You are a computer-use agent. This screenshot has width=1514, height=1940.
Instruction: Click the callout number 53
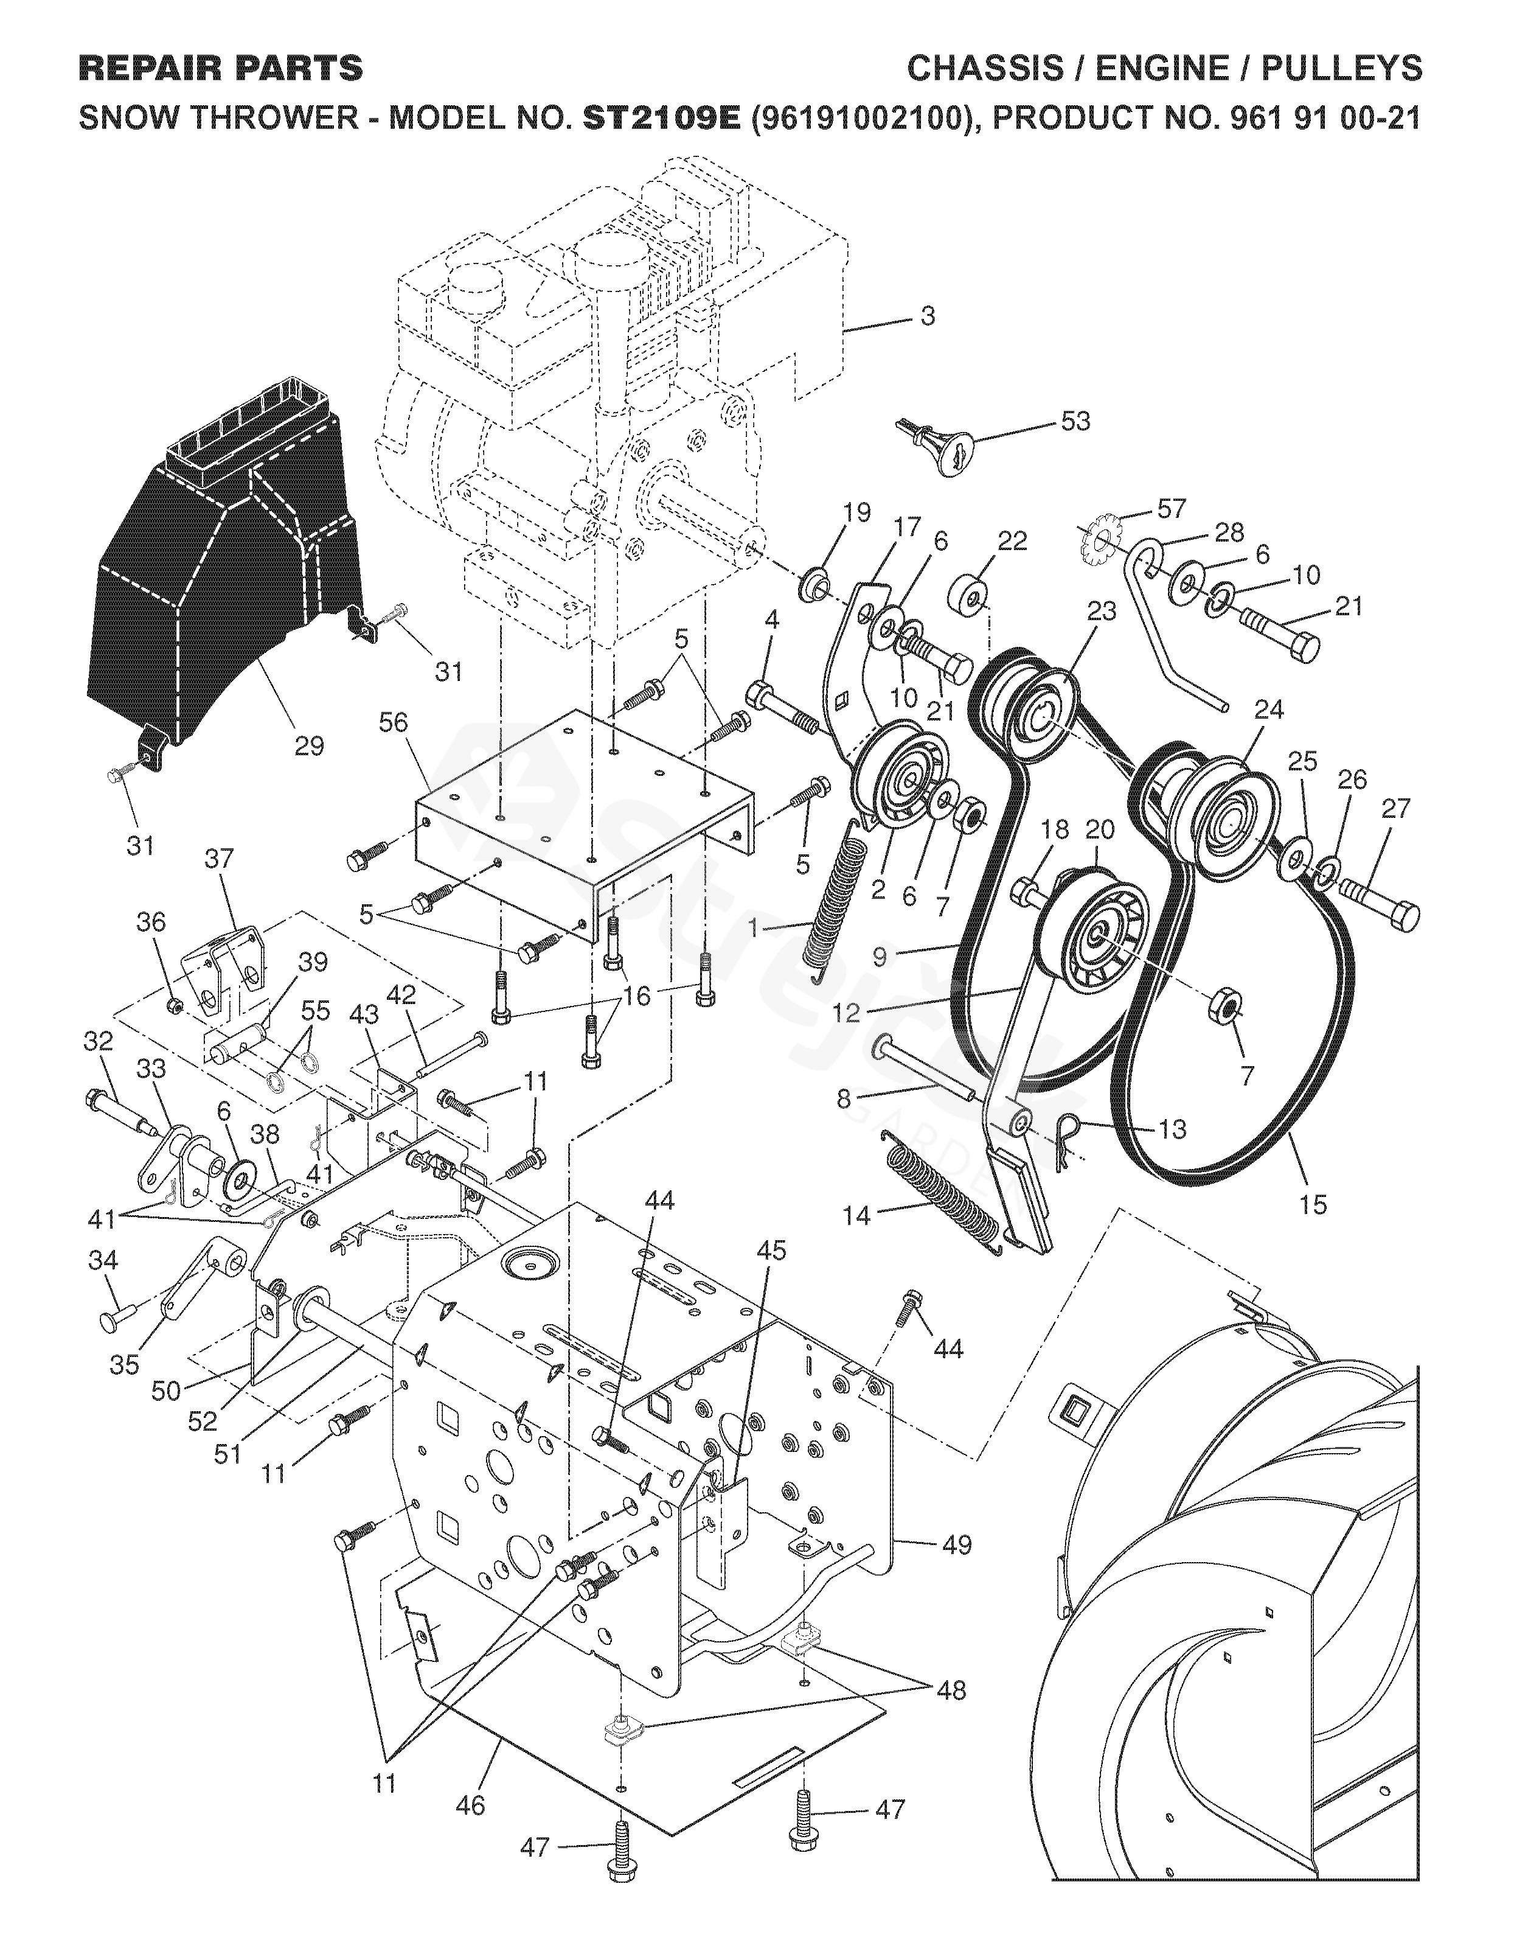pyautogui.click(x=1075, y=421)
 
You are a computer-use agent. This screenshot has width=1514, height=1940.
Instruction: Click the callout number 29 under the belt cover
pyautogui.click(x=309, y=745)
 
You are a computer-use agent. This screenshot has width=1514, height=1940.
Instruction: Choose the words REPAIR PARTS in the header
pyautogui.click(x=221, y=68)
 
